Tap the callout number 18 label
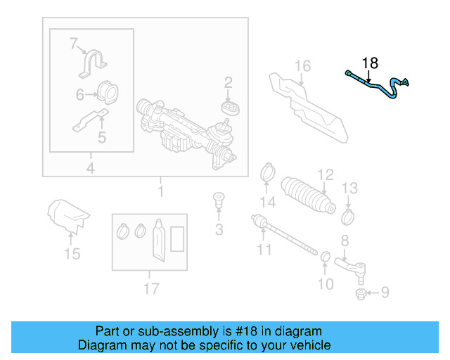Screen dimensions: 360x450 click(369, 63)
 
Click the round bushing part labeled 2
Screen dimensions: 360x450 click(229, 108)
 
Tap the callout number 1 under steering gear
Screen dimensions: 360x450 click(161, 191)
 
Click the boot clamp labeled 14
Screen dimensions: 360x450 click(268, 170)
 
